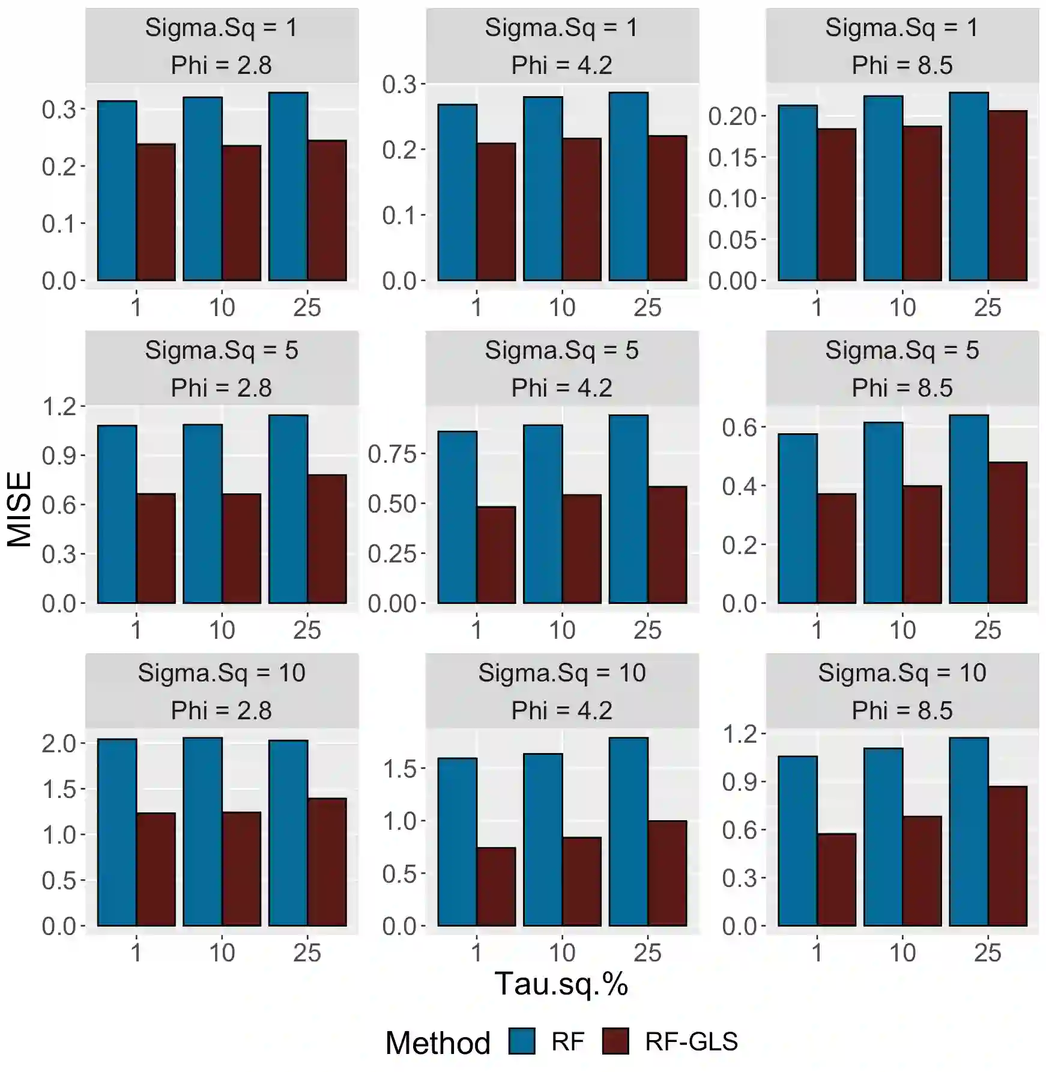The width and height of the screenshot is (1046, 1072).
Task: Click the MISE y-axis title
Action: (x=19, y=509)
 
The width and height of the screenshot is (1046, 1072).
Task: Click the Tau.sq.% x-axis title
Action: (x=561, y=984)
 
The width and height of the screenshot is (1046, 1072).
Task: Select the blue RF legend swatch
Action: (x=521, y=1041)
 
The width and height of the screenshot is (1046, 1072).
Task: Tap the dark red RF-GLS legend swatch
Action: (x=615, y=1041)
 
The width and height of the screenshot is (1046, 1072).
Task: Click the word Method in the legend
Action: (x=438, y=1043)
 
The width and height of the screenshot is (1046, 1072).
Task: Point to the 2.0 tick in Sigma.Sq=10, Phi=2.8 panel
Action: (x=59, y=744)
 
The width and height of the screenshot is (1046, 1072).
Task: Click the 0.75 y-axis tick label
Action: (x=391, y=454)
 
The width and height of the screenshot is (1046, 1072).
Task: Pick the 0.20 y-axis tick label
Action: (x=732, y=116)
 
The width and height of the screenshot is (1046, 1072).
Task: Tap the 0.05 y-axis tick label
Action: (x=732, y=240)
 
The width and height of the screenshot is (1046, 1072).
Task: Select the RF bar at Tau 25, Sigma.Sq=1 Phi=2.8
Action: (x=288, y=186)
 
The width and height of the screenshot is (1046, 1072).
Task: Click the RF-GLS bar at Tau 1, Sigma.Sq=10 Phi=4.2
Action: (x=496, y=886)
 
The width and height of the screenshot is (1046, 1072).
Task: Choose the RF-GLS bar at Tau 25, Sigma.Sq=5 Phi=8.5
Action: (x=1008, y=532)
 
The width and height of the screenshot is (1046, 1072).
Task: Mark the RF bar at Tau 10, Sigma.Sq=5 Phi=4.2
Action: (x=543, y=514)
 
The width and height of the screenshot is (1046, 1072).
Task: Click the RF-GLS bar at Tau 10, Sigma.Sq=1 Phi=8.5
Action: (x=922, y=203)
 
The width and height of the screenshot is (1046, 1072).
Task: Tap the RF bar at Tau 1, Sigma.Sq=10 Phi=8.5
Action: (x=797, y=841)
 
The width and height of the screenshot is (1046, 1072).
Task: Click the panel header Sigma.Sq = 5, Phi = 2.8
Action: (x=222, y=368)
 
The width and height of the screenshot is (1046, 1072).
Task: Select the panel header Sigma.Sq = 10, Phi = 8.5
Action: (x=902, y=691)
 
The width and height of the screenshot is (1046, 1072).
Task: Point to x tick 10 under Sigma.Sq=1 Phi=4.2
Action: (x=562, y=308)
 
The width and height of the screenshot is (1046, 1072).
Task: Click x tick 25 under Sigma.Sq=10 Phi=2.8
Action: (x=307, y=953)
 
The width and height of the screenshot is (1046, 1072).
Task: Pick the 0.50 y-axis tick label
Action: (x=391, y=504)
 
